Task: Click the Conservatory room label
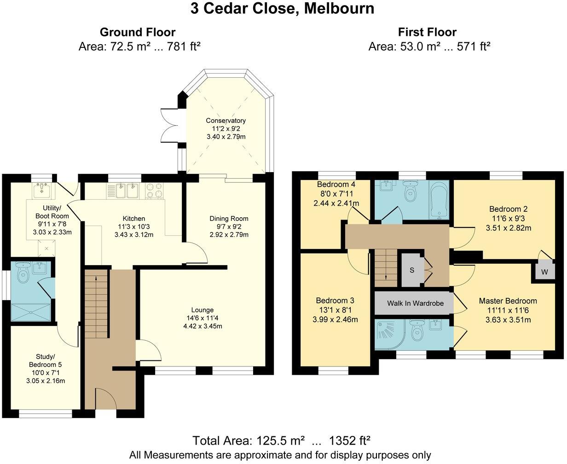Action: tap(226, 121)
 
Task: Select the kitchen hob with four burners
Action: tap(155, 190)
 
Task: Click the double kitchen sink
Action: tap(126, 190)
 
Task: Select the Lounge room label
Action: tap(202, 310)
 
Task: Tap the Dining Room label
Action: tap(229, 218)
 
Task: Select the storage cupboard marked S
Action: tap(412, 270)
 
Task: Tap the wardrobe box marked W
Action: tap(544, 272)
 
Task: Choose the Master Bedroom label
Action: tap(508, 301)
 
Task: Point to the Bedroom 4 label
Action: tap(336, 185)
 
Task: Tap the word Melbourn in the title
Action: tap(336, 8)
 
